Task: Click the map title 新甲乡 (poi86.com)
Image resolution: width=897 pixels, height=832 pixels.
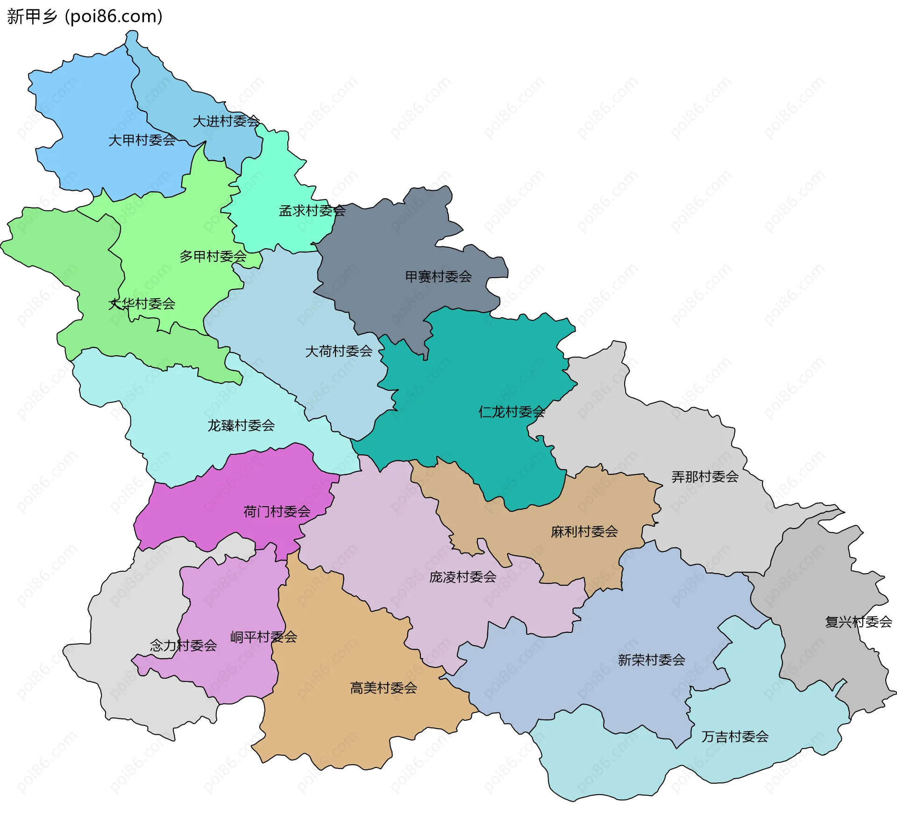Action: tap(85, 16)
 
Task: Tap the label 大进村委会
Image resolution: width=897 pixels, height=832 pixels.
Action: tap(226, 122)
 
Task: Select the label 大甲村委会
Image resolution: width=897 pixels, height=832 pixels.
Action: tap(142, 140)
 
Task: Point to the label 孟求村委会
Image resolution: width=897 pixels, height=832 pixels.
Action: tap(312, 211)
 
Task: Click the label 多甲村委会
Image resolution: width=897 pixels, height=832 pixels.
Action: tap(213, 257)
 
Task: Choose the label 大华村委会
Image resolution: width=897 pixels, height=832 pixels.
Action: tap(142, 304)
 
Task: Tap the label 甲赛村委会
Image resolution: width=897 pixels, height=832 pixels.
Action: tap(438, 277)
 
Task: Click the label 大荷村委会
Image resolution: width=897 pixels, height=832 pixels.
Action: tap(339, 351)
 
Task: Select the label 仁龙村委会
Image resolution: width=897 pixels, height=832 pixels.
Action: tap(512, 412)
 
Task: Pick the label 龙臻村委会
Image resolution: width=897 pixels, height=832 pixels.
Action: tap(241, 425)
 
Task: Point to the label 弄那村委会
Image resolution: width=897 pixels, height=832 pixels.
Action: tap(705, 477)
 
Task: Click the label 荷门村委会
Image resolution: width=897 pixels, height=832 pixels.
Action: tap(277, 511)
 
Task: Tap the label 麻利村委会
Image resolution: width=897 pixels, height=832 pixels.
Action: tap(584, 531)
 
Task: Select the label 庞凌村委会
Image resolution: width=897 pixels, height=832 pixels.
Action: tap(463, 577)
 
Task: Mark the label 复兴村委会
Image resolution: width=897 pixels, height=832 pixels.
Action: tap(859, 622)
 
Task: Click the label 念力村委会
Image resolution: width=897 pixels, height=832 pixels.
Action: tap(183, 646)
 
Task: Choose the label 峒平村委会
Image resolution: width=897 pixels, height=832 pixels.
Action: tap(263, 637)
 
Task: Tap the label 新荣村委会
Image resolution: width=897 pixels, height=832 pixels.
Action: tap(651, 660)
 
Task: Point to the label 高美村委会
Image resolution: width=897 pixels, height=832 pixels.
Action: tap(384, 688)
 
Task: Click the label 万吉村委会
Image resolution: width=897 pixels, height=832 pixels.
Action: tap(735, 737)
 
